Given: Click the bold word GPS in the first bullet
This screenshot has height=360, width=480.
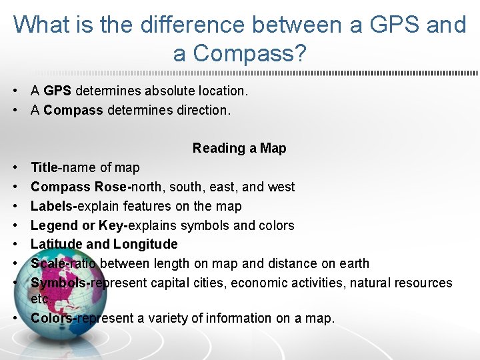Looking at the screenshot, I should (57, 91).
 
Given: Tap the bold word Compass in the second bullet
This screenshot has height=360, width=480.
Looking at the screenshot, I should (73, 110).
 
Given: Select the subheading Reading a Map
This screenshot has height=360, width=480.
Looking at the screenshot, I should (239, 148).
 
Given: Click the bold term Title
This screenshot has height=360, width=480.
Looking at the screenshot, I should (44, 167).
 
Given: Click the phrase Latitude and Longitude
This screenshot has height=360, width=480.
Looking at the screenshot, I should (104, 244).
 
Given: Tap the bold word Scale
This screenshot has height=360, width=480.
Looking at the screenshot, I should (48, 263).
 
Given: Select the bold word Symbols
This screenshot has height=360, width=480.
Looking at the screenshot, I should (59, 283).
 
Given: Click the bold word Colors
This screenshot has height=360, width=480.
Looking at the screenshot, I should (51, 318).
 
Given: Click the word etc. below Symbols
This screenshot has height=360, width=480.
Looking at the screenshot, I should (40, 299).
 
